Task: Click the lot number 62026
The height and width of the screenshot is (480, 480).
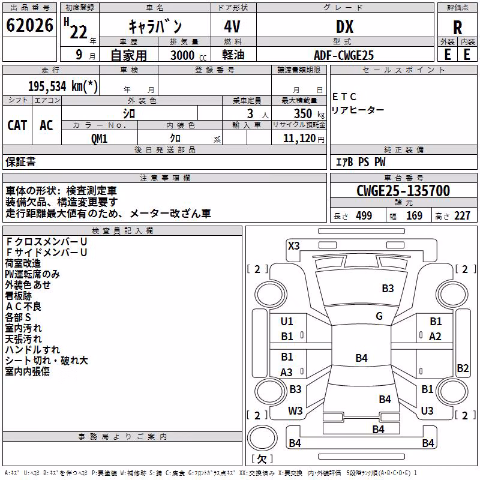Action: point(29,25)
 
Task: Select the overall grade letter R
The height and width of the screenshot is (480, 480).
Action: point(457,28)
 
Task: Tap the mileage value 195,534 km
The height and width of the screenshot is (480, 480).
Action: point(63,86)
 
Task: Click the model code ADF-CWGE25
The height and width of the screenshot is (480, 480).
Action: point(344,55)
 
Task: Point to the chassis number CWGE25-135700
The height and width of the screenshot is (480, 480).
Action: point(403,191)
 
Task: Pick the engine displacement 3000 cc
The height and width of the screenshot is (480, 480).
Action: point(188,55)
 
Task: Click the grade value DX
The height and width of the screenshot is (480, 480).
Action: point(344,26)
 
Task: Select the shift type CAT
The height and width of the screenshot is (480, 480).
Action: point(17,125)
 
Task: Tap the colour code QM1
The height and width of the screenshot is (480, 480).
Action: point(99,139)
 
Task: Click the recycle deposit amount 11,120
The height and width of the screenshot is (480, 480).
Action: point(299,139)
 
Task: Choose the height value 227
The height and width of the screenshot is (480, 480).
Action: point(462,215)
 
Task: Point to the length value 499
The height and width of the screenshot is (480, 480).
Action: point(364,215)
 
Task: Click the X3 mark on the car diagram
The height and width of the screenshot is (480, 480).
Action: point(293,246)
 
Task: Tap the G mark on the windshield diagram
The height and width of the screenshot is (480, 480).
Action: point(379,316)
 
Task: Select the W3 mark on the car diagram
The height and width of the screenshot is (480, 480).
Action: point(295,411)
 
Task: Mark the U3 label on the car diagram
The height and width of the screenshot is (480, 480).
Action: point(427,411)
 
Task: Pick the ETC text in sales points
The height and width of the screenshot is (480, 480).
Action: point(344,97)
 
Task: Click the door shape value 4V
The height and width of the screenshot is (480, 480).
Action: point(232,26)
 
